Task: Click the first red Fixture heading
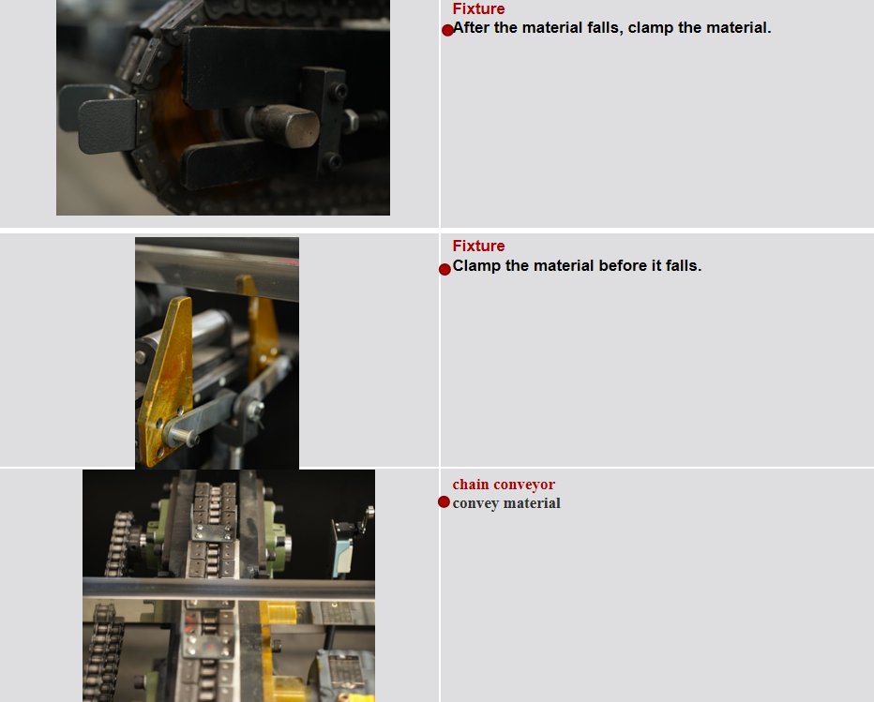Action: tap(478, 9)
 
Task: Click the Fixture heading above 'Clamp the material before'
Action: tap(478, 246)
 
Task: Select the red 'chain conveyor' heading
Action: tap(504, 485)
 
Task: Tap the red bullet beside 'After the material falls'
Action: tap(447, 30)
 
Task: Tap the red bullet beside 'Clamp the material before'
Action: tap(445, 269)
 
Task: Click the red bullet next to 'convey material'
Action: tap(444, 502)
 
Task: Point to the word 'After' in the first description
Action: tap(471, 28)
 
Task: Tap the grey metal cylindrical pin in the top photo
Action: tap(289, 125)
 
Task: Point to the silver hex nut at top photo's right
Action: tap(350, 120)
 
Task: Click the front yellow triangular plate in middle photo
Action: tap(167, 375)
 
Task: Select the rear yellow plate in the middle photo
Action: tap(262, 323)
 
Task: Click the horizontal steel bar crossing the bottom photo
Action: tap(229, 588)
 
